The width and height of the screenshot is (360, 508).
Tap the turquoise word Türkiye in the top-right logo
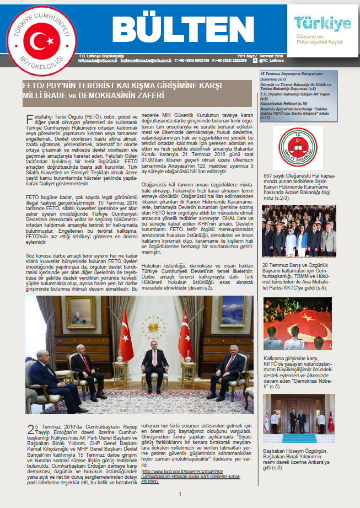point(323,23)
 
